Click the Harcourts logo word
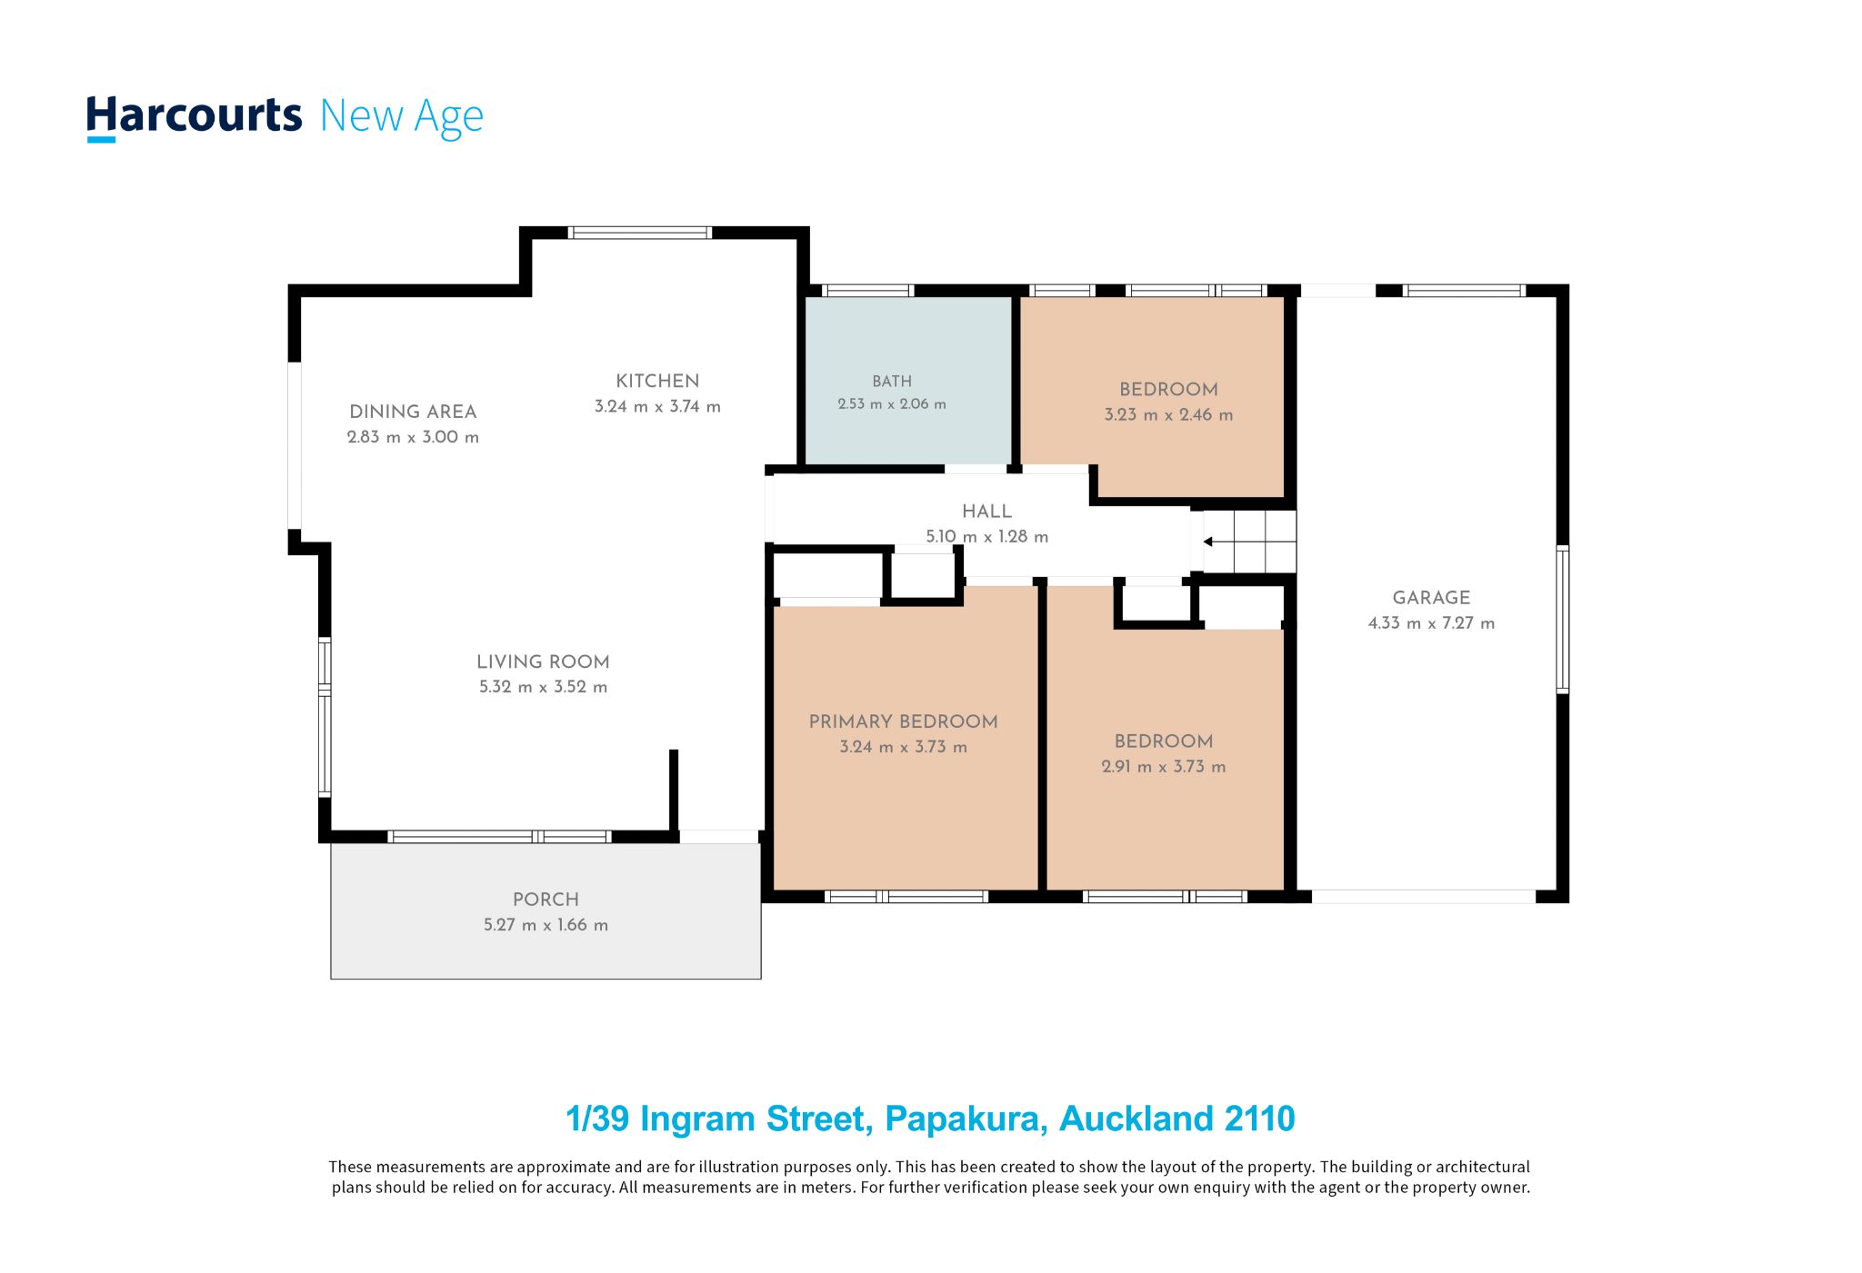click(194, 118)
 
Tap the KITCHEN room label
click(657, 382)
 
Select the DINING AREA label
click(413, 412)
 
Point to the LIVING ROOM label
click(543, 662)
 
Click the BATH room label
click(892, 382)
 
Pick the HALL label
click(987, 512)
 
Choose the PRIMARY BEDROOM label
click(904, 721)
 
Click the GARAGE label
click(1431, 598)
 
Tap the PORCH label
click(546, 900)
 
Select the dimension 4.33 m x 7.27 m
click(1431, 623)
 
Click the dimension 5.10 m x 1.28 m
click(987, 537)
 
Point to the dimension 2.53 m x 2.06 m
click(892, 404)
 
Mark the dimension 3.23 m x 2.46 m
click(1168, 415)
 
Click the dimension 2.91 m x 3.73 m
click(1164, 767)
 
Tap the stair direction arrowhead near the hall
click(1207, 542)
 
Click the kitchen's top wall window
click(640, 233)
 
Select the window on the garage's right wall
click(1562, 620)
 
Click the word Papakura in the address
click(966, 1119)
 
